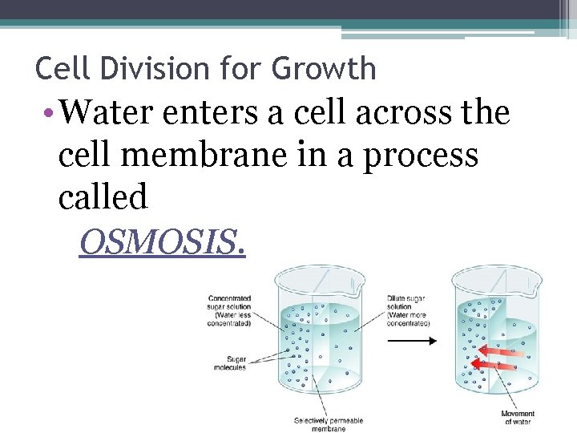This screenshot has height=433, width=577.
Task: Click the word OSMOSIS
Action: click(162, 240)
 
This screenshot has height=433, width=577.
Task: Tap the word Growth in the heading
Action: click(323, 69)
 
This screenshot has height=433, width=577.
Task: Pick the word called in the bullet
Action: click(103, 196)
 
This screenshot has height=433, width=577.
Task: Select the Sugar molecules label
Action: click(230, 363)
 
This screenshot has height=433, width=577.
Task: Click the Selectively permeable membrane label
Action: click(328, 424)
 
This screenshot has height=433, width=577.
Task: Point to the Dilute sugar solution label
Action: click(408, 310)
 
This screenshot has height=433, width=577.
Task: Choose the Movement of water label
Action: click(518, 418)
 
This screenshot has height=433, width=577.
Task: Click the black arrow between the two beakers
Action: click(412, 341)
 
